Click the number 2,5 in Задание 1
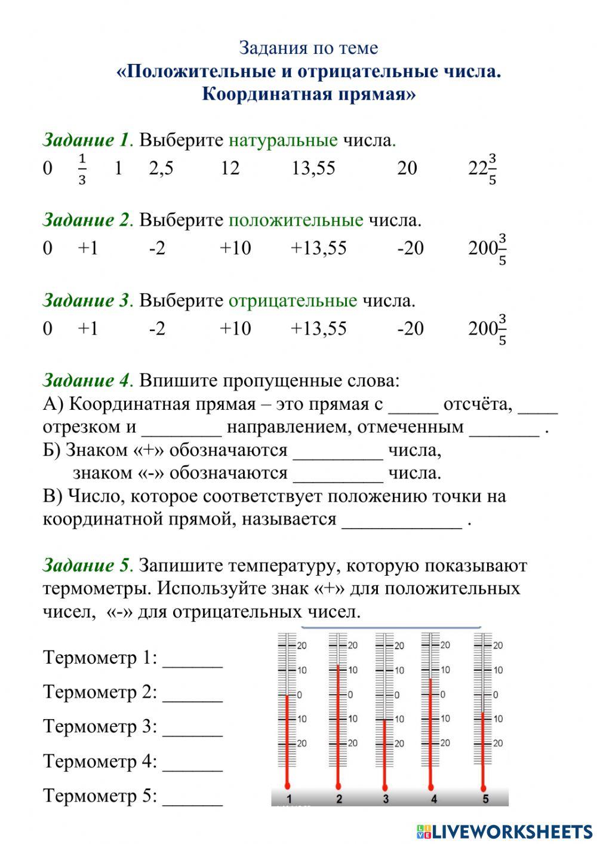coord(161,168)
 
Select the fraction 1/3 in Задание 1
coord(82,169)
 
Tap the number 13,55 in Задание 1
coord(313,168)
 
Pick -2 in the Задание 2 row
coord(157,248)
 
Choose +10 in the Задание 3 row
coord(235,329)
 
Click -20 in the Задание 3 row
coord(410,329)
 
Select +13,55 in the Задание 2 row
coord(318,248)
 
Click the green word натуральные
coord(283,140)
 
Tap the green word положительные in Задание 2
coord(296,220)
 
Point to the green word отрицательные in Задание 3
coord(293,300)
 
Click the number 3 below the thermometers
coord(386,799)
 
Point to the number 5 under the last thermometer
coord(485,799)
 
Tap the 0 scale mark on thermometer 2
coord(350,695)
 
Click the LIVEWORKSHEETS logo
coord(504,831)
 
